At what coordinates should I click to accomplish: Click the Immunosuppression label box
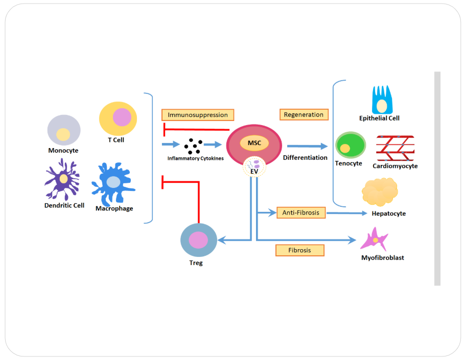click(198, 115)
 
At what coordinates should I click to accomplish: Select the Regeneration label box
click(304, 114)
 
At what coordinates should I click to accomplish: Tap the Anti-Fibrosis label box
click(301, 212)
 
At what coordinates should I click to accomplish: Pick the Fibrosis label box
click(299, 250)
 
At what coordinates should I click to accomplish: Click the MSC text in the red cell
click(254, 143)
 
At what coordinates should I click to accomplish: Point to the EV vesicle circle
click(254, 167)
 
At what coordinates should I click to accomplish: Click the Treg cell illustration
click(198, 240)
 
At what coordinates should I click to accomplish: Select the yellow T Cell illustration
click(118, 118)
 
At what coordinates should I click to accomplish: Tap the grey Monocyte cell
click(64, 130)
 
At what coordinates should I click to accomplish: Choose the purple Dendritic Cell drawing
click(62, 180)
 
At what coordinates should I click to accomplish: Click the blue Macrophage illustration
click(113, 183)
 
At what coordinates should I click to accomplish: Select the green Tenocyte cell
click(350, 145)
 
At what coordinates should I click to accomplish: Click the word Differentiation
click(305, 158)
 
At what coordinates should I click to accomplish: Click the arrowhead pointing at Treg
click(220, 239)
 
